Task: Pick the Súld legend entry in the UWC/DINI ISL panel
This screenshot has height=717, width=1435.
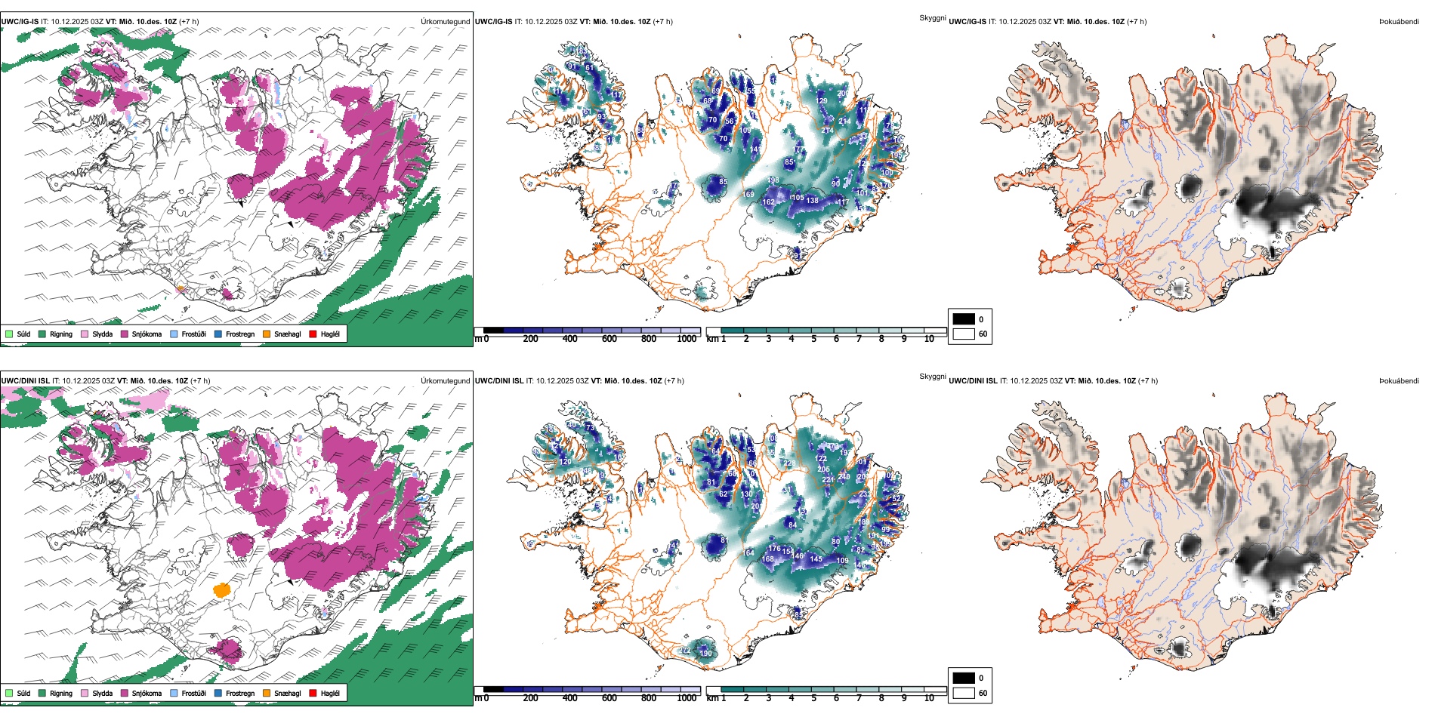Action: click(18, 693)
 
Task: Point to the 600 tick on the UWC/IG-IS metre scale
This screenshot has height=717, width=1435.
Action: click(609, 339)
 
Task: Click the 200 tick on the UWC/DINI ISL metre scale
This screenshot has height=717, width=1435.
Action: click(531, 697)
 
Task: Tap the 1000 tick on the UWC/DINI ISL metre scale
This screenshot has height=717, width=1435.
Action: click(687, 697)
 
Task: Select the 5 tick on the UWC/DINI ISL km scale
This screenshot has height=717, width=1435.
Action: click(814, 697)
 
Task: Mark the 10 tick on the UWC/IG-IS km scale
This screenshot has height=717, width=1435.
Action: click(929, 339)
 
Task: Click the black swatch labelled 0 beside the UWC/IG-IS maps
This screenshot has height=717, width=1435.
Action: click(964, 319)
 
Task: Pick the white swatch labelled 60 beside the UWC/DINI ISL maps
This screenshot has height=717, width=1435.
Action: click(964, 693)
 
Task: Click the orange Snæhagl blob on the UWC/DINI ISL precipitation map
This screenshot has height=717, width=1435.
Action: click(222, 589)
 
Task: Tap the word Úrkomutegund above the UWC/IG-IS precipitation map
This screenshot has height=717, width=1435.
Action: click(445, 22)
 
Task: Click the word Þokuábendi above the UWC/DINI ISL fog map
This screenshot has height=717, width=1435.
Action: click(1399, 381)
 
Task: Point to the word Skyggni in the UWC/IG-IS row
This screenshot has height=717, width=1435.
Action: click(933, 17)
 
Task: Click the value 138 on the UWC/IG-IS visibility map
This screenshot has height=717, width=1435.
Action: click(812, 201)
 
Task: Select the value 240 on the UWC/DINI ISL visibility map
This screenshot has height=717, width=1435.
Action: click(844, 477)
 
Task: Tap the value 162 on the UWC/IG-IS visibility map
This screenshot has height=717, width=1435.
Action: click(769, 202)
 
